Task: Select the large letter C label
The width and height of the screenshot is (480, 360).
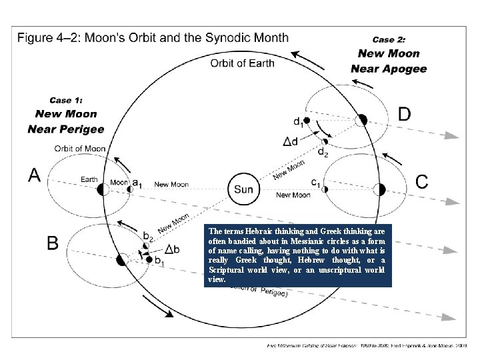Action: point(422,181)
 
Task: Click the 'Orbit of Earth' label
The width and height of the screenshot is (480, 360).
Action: point(241,64)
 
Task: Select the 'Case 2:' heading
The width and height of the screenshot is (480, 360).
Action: point(388,39)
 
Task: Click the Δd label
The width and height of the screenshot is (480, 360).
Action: point(291,141)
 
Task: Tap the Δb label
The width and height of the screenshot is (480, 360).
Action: point(171,249)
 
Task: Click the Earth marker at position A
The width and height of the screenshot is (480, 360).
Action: point(103,189)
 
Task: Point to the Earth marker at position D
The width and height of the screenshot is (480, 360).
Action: point(361,120)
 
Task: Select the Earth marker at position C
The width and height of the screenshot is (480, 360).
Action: point(379,189)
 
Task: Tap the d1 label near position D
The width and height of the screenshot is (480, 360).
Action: point(297,122)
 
